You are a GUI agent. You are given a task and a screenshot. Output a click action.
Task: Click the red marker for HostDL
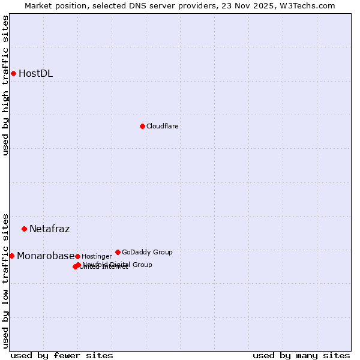coord(13,73)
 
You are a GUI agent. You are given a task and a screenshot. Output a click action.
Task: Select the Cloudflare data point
coord(142,126)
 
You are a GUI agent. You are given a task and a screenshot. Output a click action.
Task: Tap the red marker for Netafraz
coord(24,229)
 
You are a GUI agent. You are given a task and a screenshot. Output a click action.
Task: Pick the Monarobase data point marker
coord(11,256)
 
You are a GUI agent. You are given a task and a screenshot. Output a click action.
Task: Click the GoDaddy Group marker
coord(118,252)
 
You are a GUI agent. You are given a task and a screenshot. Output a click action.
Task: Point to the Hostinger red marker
coord(77,256)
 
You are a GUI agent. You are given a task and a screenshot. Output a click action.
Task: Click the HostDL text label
coord(35,74)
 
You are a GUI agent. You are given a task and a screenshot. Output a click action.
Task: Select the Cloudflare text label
coord(162,126)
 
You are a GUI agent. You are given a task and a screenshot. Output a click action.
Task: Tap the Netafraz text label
coord(49,229)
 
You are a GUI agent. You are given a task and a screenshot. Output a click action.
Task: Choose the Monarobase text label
coord(46,256)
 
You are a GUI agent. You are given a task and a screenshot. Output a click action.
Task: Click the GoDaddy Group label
coord(147,252)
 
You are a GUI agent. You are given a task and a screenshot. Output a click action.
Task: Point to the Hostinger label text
coord(97,256)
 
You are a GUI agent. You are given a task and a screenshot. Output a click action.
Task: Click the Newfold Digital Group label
coord(118,264)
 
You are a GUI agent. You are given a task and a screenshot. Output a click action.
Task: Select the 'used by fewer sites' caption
coord(62,355)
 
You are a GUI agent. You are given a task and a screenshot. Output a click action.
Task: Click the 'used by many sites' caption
coord(301,355)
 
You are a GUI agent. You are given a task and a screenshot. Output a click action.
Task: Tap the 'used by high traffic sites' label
coord(5,85)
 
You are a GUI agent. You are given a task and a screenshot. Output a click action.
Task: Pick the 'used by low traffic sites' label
coord(5,280)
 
